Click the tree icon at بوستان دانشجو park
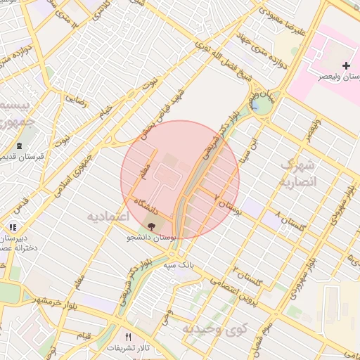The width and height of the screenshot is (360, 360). (x=152, y=226)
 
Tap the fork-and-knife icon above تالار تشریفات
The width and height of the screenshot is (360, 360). (x=128, y=337)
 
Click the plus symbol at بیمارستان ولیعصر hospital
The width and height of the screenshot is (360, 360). (x=346, y=65)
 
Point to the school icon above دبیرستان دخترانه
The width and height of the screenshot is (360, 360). (x=13, y=228)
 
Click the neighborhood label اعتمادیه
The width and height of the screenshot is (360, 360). (x=108, y=216)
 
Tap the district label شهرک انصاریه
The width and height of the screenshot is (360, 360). (x=300, y=173)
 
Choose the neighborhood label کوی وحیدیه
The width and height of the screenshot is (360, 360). (x=215, y=328)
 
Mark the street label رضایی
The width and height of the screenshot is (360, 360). (x=76, y=100)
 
